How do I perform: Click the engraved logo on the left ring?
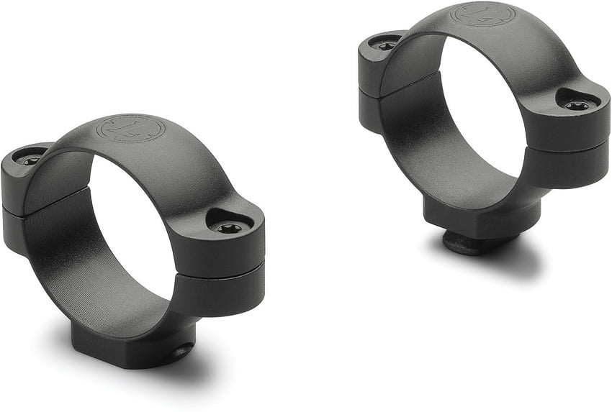(x=132, y=129)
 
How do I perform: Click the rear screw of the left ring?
(x=31, y=160)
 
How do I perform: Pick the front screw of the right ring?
(x=576, y=106)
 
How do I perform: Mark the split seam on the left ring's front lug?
(x=220, y=273)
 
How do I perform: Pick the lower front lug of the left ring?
(x=220, y=291)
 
